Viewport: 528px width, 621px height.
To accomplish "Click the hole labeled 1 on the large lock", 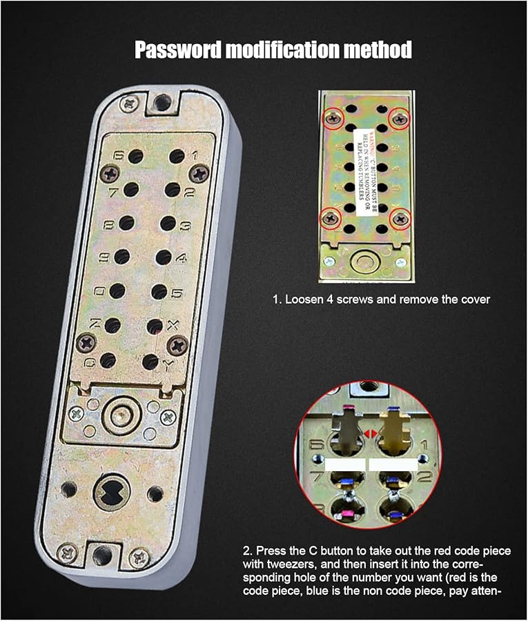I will [x=177, y=157].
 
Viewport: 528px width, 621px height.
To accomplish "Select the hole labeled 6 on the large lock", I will [x=135, y=156].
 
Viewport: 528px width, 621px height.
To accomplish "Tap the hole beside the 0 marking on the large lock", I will [x=117, y=290].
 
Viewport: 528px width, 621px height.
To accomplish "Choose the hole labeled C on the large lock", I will [x=108, y=359].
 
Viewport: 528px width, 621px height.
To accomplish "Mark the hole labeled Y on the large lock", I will [x=150, y=361].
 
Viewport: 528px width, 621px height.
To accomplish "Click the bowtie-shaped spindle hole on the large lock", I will [x=112, y=493].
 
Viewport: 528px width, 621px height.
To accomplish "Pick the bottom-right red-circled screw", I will [x=399, y=220].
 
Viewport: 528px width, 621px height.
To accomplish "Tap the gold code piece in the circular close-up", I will [x=395, y=428].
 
